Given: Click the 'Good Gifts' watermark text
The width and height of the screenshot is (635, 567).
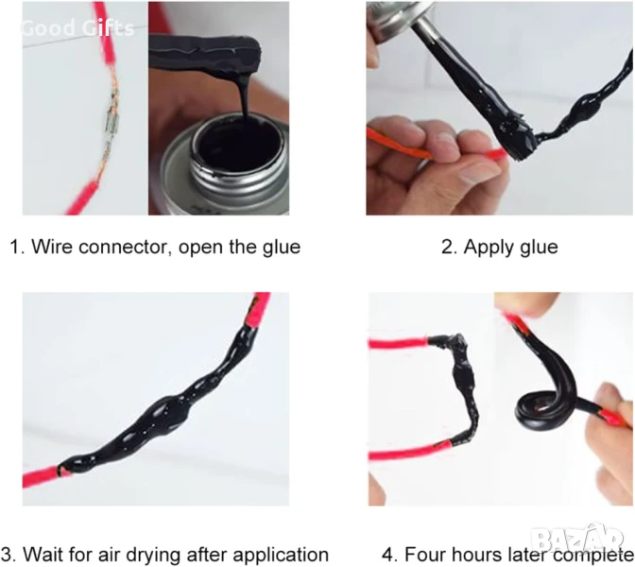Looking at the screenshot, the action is [77, 28].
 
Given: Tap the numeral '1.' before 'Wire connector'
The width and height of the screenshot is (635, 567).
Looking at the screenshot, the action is [17, 247].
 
